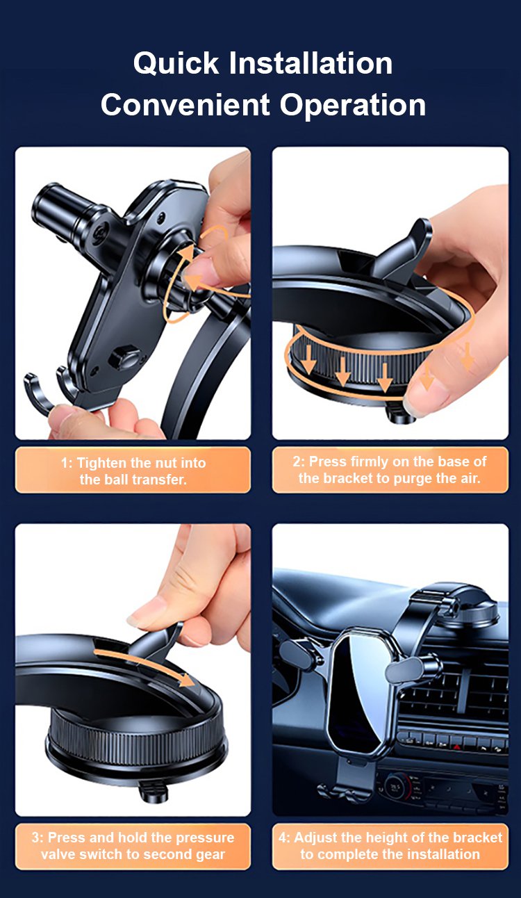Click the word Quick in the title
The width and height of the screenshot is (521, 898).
[x=176, y=63]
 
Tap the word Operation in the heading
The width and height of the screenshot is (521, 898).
[x=353, y=106]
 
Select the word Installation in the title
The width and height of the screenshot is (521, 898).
[x=311, y=63]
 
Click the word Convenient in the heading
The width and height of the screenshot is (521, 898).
[x=185, y=105]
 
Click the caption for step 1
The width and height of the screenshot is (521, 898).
[x=133, y=471]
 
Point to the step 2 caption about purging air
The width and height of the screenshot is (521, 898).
[x=390, y=469]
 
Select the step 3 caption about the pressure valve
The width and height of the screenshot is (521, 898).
[x=133, y=845]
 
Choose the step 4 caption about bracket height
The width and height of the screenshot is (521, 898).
[x=390, y=845]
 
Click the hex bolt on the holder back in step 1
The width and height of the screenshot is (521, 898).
[x=124, y=357]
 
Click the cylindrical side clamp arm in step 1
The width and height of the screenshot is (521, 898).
[x=66, y=211]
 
